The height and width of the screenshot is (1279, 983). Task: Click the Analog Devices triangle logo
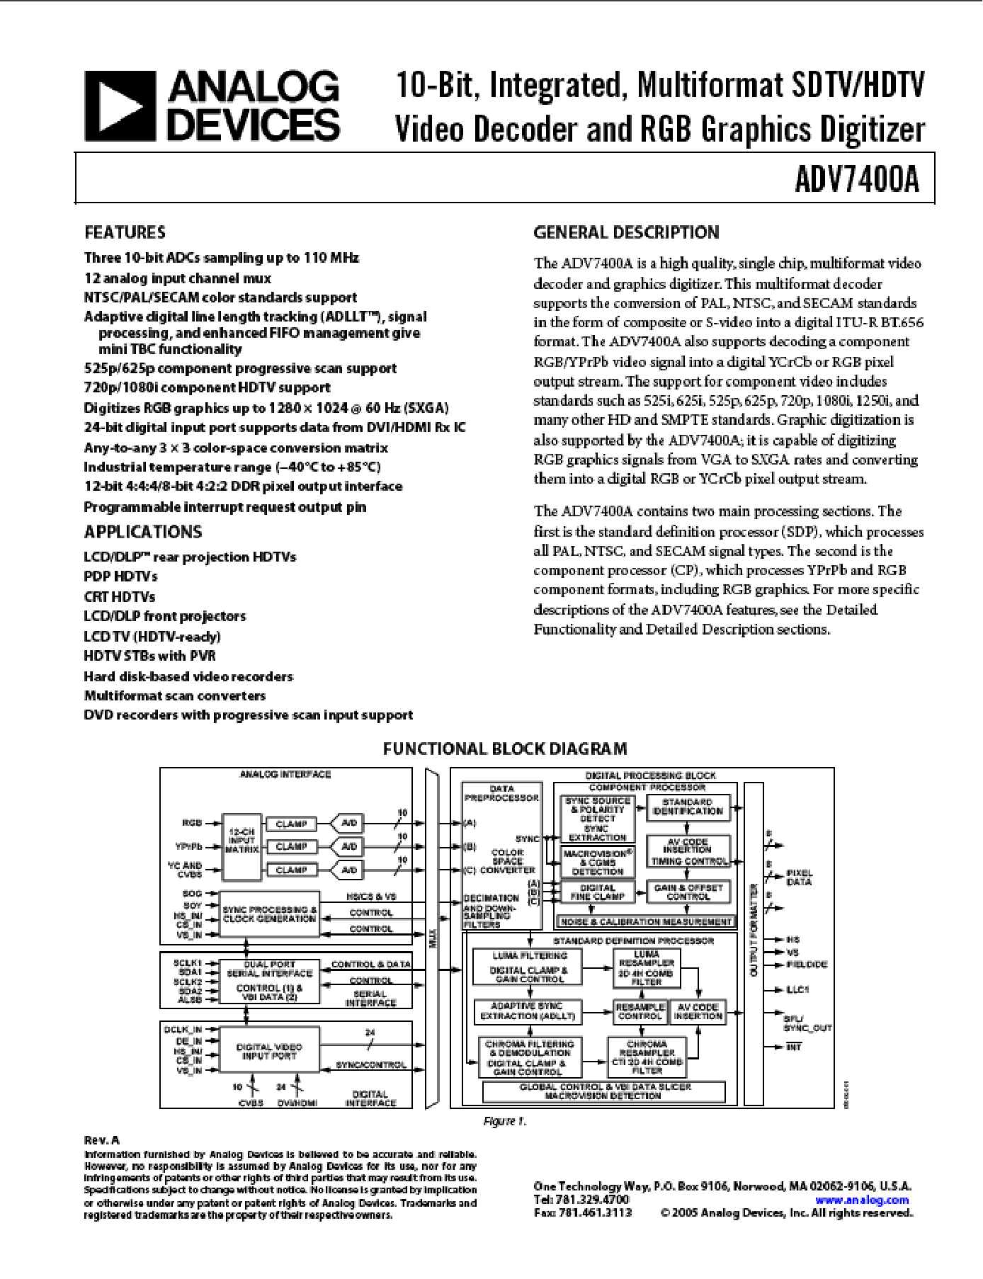pyautogui.click(x=120, y=106)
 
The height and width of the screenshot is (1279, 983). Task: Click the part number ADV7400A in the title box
pyautogui.click(x=856, y=178)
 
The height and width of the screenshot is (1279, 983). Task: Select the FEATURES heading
pyautogui.click(x=125, y=232)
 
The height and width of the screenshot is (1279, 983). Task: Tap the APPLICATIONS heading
pyautogui.click(x=142, y=532)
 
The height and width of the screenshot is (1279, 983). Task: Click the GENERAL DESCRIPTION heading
pyautogui.click(x=625, y=232)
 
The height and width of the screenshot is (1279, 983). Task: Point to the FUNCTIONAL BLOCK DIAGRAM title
pyautogui.click(x=504, y=749)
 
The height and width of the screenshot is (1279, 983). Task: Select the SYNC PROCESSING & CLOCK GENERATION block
pyautogui.click(x=269, y=914)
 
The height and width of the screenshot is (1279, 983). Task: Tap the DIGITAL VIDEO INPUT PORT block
pyautogui.click(x=269, y=1052)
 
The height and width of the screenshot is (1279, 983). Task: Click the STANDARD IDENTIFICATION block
pyautogui.click(x=688, y=807)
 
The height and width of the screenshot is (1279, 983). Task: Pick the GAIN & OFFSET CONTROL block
pyautogui.click(x=688, y=892)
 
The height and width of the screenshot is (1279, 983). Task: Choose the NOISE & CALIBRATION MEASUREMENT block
pyautogui.click(x=645, y=921)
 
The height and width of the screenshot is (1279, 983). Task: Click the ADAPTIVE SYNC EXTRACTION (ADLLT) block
pyautogui.click(x=527, y=1011)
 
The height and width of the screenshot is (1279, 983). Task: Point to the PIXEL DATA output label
pyautogui.click(x=799, y=877)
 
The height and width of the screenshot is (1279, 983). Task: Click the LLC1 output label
pyautogui.click(x=797, y=989)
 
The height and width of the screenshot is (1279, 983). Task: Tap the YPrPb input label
pyautogui.click(x=189, y=846)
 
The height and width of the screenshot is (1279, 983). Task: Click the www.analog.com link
pyautogui.click(x=861, y=1200)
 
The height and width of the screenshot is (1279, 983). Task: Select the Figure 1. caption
pyautogui.click(x=504, y=1121)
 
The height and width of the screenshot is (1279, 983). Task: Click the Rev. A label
pyautogui.click(x=102, y=1140)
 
